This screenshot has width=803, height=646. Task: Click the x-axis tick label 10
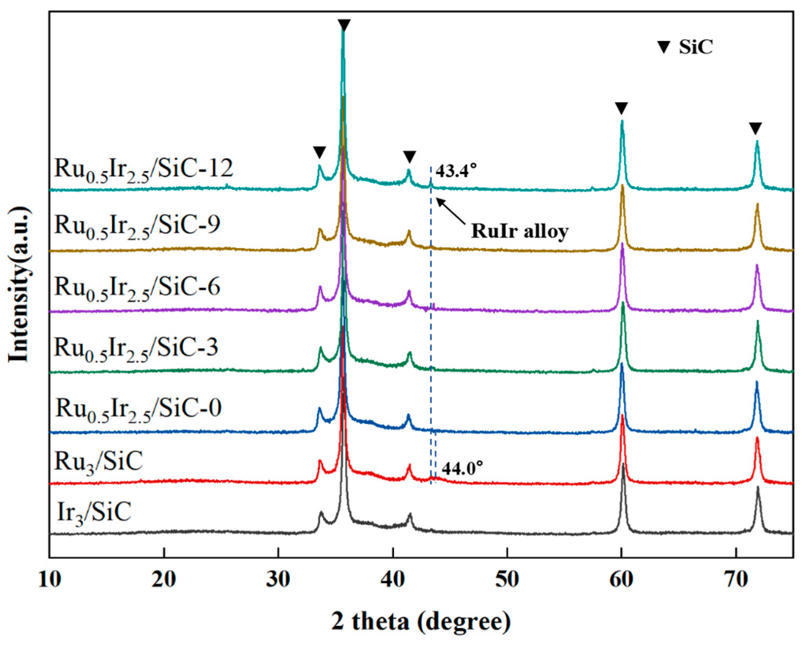pos(50,579)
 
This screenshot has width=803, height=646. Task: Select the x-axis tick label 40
pos(392,579)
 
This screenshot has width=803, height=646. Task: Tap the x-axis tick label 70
pos(736,579)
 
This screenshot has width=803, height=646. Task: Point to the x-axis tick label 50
pos(507,579)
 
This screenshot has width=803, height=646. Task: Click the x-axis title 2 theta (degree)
pos(421,622)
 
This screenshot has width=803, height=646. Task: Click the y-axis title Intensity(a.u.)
pos(19,284)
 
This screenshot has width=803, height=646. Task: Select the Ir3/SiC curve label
pos(94,512)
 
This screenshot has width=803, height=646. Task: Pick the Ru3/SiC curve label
pos(98,461)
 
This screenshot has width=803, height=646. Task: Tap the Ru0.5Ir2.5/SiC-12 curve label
pos(144,169)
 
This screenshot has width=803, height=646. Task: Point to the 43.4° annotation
pos(456,171)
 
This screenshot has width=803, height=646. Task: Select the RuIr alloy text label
pos(520,231)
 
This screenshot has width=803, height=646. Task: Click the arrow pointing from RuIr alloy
pos(451,211)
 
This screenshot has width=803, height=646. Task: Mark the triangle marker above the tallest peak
pos(344,25)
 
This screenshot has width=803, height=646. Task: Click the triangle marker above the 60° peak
pos(621,108)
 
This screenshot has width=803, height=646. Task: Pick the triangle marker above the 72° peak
pos(755,128)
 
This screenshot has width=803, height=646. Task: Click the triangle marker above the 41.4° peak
pos(409,156)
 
